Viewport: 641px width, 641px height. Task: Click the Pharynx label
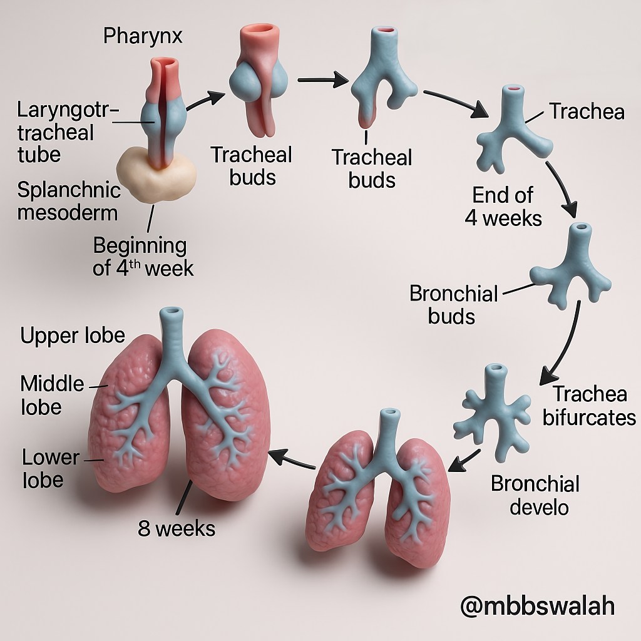coord(143,36)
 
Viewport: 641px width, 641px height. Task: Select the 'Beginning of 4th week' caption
coord(143,257)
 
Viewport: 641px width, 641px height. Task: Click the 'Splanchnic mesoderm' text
coord(69,202)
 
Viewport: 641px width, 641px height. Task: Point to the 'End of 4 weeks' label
coord(503,207)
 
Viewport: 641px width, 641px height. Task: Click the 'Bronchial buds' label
coord(453,305)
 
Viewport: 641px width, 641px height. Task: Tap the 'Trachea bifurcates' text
coord(589,406)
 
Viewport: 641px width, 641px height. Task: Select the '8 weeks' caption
coord(177,528)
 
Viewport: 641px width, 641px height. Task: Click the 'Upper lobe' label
coord(73,336)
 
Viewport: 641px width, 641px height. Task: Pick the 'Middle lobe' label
coord(52,396)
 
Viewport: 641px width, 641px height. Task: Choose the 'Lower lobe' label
coord(51,468)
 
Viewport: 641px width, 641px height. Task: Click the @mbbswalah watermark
coord(537,605)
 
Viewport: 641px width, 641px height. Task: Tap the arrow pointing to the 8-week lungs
coord(292,459)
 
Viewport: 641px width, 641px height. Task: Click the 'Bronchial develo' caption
coord(535,496)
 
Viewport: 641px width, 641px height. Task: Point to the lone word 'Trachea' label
coord(587,111)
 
